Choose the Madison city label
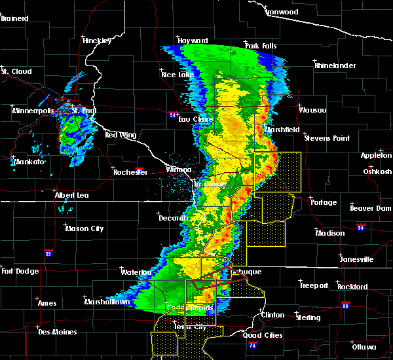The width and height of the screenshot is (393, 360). click(329, 233)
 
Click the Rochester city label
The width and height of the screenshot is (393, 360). click(130, 172)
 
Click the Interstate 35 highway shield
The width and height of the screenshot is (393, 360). click(48, 252)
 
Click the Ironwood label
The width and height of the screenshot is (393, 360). click(282, 12)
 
